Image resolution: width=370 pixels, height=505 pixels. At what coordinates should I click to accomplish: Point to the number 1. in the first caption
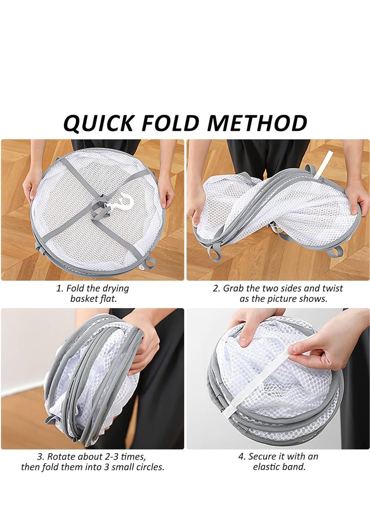pos(60,288)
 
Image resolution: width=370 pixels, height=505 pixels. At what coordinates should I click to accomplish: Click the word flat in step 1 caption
pos(108,299)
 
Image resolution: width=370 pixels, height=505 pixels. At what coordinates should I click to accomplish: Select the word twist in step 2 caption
pos(332,288)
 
